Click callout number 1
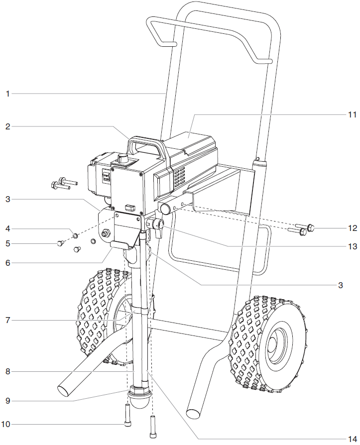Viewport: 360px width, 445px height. [x=7, y=93]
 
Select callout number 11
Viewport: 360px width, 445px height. [x=353, y=114]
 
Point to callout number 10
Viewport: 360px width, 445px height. [x=6, y=424]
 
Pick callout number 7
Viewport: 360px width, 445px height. [x=7, y=320]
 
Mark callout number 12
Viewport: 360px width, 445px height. [x=353, y=228]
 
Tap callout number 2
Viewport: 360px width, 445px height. [x=7, y=126]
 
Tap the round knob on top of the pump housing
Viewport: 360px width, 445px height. [x=122, y=159]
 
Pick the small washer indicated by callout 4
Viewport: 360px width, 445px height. [x=75, y=235]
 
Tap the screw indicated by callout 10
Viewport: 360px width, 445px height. [x=127, y=415]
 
